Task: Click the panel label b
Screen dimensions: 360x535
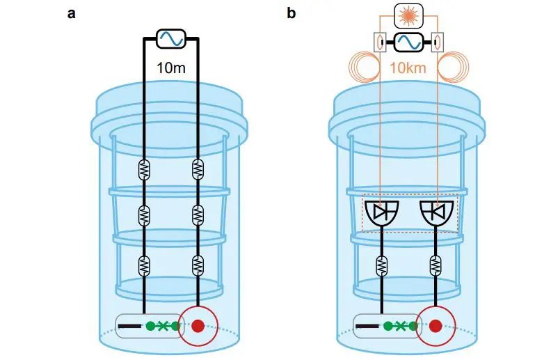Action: [292, 13]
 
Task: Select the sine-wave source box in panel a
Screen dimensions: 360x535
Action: [170, 38]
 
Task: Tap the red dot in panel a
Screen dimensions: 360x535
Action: [199, 325]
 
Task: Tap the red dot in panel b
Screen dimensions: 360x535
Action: [436, 325]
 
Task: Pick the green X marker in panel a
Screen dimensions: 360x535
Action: [163, 325]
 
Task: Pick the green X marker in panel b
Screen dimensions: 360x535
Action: [399, 325]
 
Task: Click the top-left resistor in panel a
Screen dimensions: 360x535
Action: [144, 170]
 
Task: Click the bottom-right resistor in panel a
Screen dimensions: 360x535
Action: [198, 265]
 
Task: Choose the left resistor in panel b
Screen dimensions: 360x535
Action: [381, 265]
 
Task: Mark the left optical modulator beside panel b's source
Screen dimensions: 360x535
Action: [379, 42]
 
